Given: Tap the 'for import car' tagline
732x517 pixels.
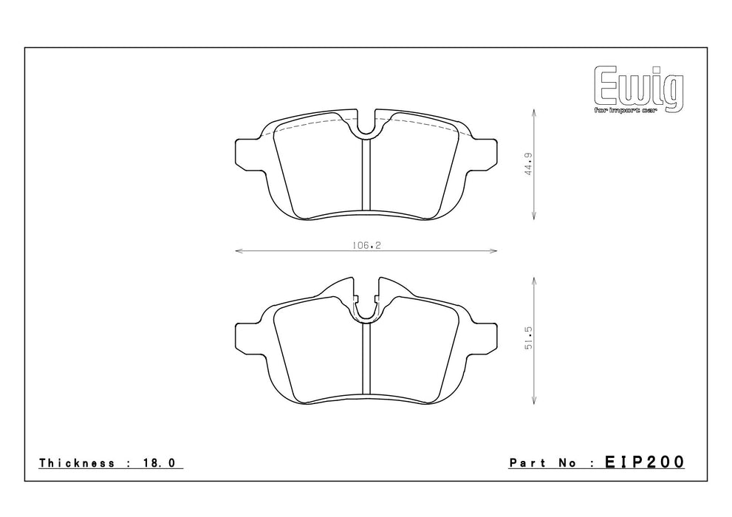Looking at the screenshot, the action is [625, 111].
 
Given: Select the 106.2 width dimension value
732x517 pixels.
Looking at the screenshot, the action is [366, 245].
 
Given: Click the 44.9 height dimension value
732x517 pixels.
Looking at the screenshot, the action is [528, 164].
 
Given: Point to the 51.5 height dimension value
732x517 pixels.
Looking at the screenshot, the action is [528, 339].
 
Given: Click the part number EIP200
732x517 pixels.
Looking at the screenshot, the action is [645, 462].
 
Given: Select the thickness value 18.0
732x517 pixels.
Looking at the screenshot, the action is [158, 463].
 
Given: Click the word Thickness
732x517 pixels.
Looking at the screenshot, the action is [77, 463].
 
